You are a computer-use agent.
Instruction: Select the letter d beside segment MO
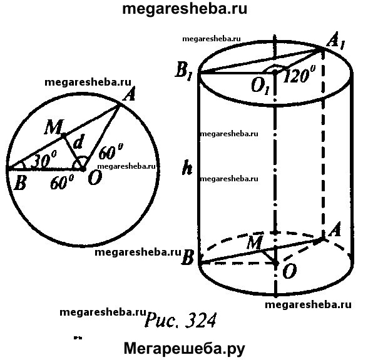78,142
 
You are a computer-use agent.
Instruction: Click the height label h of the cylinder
187,167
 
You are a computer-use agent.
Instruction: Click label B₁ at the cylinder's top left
184,71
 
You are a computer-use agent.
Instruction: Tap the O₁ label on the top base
260,86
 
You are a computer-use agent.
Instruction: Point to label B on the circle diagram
21,182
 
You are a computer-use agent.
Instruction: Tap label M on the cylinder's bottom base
253,242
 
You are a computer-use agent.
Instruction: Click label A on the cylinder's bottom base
335,230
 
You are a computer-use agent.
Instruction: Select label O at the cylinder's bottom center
290,271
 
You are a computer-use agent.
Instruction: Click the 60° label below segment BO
62,182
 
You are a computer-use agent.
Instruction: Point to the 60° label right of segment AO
111,151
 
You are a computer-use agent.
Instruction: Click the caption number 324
200,321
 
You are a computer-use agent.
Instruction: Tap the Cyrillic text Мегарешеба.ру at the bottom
185,348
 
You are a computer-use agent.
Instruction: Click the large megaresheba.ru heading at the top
185,9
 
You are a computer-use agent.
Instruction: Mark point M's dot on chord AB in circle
63,135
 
